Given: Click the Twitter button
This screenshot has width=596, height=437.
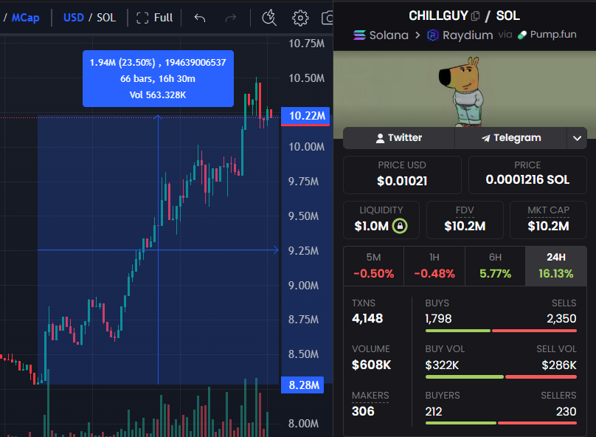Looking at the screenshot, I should click(x=398, y=138).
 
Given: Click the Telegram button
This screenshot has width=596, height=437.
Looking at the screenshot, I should click(x=510, y=138).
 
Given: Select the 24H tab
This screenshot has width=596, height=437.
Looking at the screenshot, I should click(x=555, y=266).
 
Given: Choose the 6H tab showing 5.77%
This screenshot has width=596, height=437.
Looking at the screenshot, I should click(x=495, y=266).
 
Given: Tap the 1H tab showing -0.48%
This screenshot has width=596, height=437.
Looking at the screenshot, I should click(x=434, y=266).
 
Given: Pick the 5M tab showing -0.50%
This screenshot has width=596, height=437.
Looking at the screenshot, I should click(x=373, y=266).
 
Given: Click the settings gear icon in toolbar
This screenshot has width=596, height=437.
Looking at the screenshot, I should click(x=300, y=18).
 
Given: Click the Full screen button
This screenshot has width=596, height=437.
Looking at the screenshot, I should click(x=155, y=18).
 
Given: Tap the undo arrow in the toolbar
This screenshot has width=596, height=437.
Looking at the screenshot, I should click(x=199, y=18).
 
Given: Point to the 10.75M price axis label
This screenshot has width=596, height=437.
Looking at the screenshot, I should click(x=305, y=44).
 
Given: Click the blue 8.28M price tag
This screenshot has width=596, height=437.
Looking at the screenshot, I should click(x=305, y=385).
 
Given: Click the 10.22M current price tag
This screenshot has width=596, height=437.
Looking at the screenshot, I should click(x=305, y=116).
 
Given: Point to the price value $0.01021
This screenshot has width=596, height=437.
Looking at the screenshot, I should click(x=402, y=180).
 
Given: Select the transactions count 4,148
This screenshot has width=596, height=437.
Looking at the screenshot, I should click(x=367, y=319).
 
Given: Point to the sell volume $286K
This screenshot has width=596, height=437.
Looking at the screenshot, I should click(x=559, y=365).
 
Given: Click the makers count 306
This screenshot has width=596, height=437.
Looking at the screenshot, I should click(x=363, y=411).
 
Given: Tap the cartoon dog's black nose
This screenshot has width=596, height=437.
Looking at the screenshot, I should click(x=441, y=74).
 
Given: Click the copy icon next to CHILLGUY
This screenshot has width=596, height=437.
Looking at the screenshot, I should click(x=476, y=16).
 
